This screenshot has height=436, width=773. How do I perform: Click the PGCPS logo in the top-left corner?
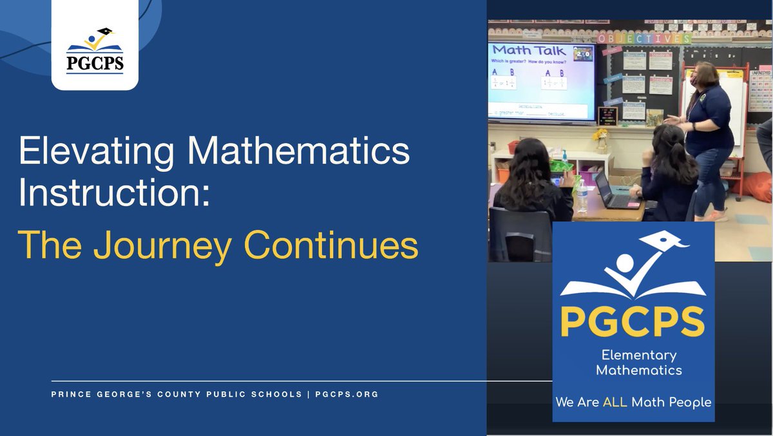pos(95,52)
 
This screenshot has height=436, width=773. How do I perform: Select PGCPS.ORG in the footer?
pos(347,393)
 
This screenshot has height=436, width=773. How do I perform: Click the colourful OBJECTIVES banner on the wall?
pos(644,39)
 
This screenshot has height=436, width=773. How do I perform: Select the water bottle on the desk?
pos(582,196)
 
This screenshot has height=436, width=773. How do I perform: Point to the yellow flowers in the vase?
pos(602,135)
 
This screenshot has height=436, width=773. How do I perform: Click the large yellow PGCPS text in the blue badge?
pos(633,321)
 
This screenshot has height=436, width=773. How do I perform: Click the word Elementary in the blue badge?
pos(638,355)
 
